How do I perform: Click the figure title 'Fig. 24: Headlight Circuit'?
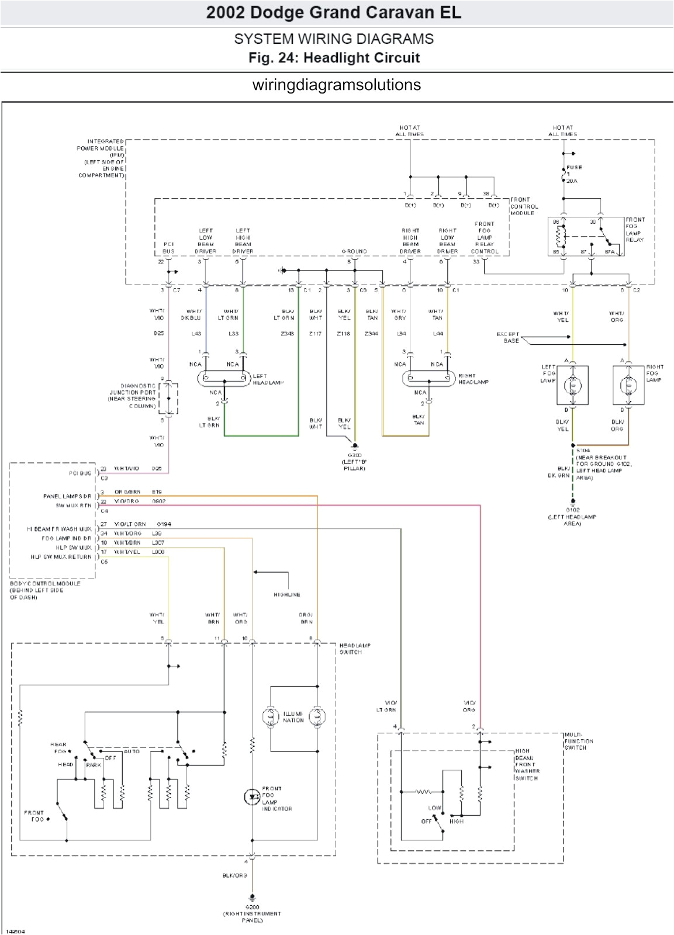[334, 58]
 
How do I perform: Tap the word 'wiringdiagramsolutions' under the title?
[336, 85]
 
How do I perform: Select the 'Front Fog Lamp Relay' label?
[635, 230]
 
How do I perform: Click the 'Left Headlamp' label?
[268, 379]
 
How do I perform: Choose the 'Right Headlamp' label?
[473, 379]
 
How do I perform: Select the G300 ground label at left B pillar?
[354, 461]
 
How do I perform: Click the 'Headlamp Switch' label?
[354, 649]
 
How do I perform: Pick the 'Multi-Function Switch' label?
[579, 741]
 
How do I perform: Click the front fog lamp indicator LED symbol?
[252, 796]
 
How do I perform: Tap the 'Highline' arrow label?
[286, 595]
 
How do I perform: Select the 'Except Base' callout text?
[507, 337]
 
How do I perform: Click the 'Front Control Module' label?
[524, 206]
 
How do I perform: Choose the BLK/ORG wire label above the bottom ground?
[234, 875]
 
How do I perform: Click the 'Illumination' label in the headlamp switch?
[293, 717]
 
